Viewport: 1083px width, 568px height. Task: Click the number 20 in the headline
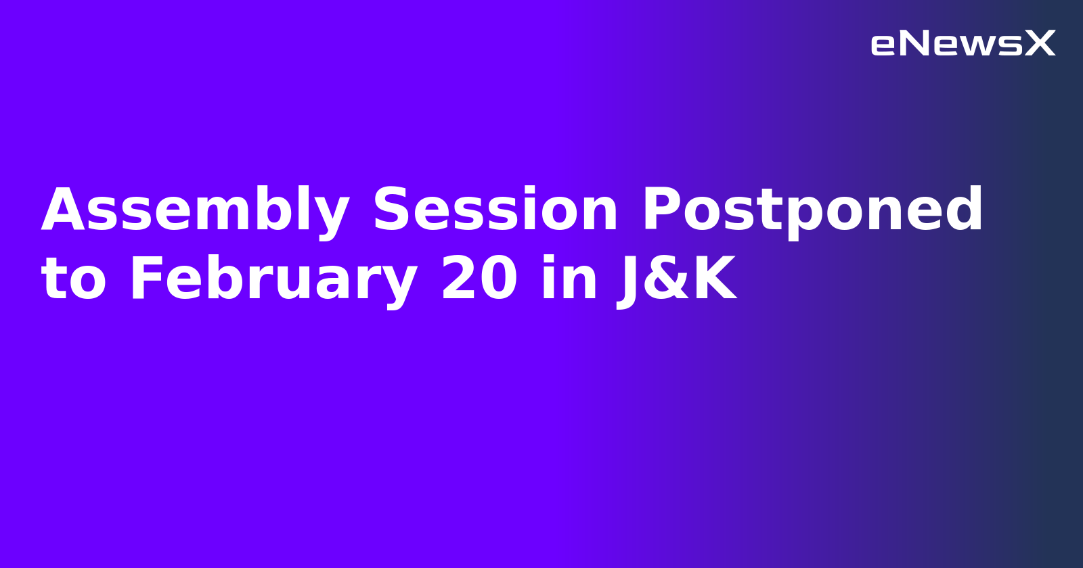point(479,279)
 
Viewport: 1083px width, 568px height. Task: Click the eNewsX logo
point(963,44)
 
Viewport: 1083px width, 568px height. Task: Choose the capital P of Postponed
point(662,210)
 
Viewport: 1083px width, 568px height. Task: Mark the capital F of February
point(145,279)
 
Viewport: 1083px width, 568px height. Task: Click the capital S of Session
point(393,210)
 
